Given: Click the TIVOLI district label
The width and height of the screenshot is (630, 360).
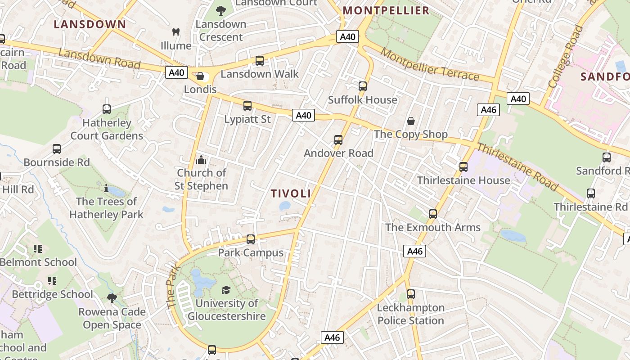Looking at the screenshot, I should [291, 194].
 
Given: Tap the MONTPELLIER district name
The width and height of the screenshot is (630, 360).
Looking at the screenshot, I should [386, 11].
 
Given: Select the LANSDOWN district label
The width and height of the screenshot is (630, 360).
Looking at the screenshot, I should [90, 24].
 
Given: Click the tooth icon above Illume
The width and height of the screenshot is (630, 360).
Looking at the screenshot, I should [176, 32].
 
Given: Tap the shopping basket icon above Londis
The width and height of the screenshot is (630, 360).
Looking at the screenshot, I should [200, 76].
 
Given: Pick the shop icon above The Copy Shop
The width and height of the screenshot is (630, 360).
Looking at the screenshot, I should [410, 121].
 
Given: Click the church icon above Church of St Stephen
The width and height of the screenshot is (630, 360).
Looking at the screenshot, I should [201, 160].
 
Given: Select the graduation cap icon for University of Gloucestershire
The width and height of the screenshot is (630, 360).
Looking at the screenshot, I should [226, 290].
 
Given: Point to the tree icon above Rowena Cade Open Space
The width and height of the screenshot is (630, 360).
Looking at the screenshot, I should [112, 298].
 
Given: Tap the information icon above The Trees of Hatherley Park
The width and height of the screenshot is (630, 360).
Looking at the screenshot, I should [106, 188].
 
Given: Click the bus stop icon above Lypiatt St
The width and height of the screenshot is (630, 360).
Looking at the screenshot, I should [247, 106].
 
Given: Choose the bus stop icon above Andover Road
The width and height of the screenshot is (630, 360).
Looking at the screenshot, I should [338, 140].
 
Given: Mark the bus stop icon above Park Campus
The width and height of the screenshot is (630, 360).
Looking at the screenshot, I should [251, 239].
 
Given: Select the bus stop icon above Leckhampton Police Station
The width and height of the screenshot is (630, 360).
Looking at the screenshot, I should [410, 295].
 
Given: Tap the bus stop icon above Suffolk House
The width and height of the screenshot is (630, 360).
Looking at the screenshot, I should [363, 86].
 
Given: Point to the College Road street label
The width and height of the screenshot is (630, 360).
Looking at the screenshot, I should [565, 56].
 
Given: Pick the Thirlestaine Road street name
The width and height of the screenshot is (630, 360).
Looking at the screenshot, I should [517, 167].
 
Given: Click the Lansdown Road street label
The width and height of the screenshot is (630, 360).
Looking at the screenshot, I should [99, 59].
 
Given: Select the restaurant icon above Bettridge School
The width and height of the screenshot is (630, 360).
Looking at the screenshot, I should [52, 281].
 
